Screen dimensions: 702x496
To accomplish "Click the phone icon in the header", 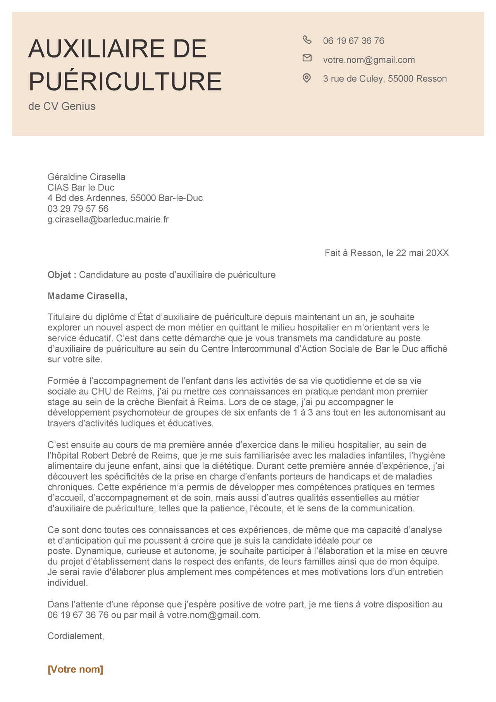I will pos(307,40).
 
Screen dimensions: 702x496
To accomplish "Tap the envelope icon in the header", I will pos(307,58).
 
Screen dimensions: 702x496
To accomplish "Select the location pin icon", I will pos(307,78).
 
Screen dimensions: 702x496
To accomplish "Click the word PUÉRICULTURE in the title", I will pos(125,81).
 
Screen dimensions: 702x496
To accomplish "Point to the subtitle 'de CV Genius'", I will pos(62,106).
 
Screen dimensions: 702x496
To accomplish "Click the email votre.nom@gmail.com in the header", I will pos(369,60).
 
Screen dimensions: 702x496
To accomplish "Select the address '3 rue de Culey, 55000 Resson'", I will pos(385,79).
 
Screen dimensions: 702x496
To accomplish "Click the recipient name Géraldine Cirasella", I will pos(86,177).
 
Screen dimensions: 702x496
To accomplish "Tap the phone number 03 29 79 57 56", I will pos(78,209).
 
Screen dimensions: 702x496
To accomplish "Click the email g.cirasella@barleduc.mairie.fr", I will pos(108,219).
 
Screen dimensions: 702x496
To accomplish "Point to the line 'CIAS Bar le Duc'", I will pos(81,188).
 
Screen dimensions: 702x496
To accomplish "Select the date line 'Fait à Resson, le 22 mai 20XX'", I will pos(386,253).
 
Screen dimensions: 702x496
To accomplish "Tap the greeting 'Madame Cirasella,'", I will pos(88,296).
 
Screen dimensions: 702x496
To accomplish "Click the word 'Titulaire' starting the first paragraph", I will pos(64,317).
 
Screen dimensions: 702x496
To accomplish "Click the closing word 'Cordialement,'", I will pos(76,636).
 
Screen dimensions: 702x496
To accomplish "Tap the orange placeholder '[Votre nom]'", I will pos(76,669).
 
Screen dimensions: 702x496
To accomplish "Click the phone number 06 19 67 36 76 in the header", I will pos(353,41).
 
